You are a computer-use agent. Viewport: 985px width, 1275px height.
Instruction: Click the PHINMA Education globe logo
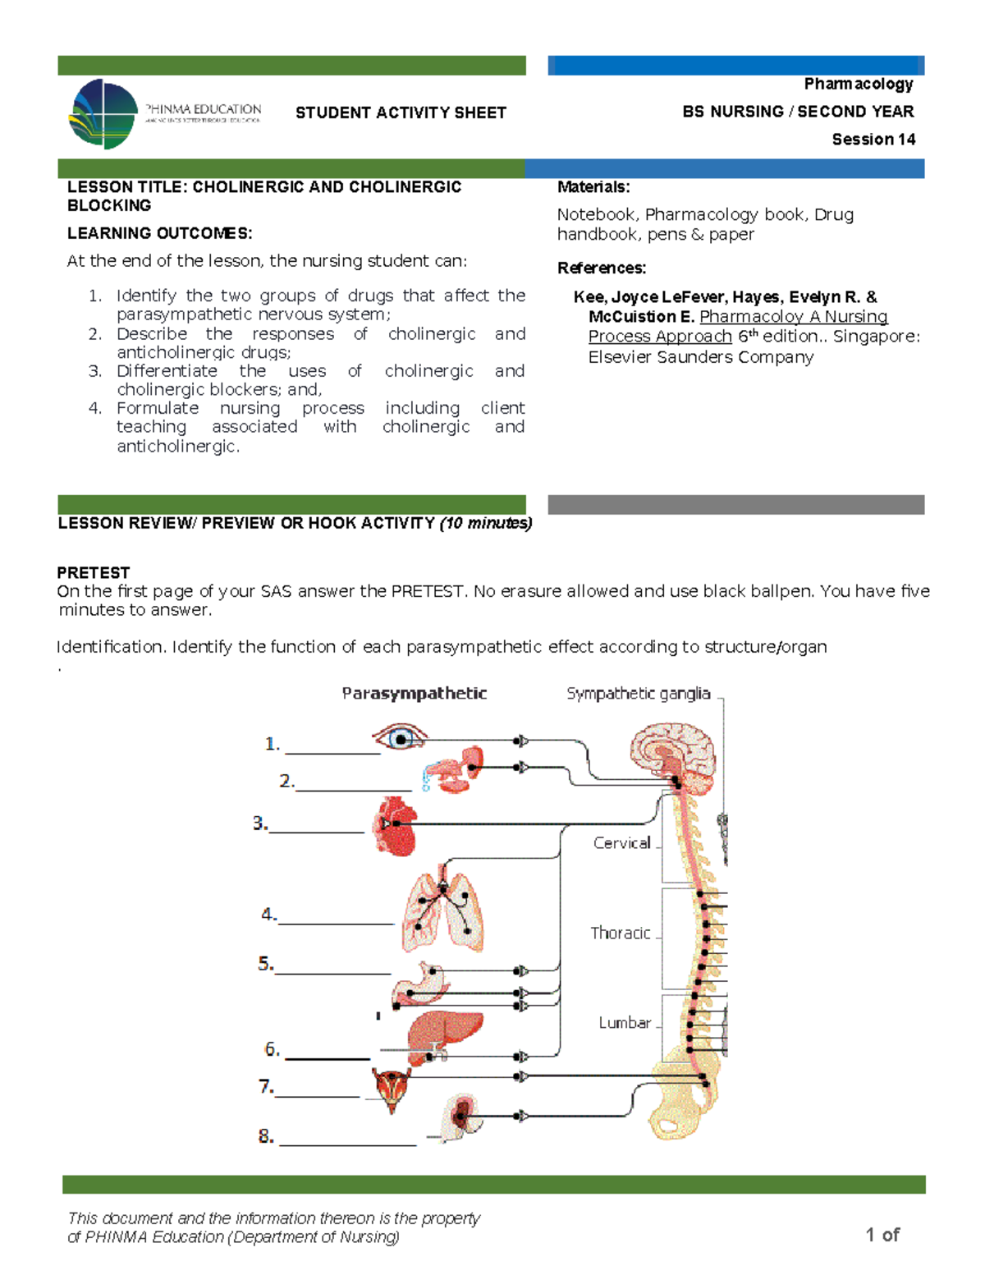click(x=104, y=114)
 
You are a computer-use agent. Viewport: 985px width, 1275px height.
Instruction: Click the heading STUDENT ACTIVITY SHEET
click(x=401, y=112)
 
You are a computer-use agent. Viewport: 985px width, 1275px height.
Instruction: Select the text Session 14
click(x=873, y=139)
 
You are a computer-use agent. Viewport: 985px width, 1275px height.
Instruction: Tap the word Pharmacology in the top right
click(x=858, y=84)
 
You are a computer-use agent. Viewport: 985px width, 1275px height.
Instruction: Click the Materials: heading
click(x=593, y=187)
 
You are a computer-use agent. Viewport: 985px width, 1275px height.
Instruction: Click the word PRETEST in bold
click(x=94, y=572)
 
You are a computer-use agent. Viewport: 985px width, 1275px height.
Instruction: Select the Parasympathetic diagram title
click(x=414, y=694)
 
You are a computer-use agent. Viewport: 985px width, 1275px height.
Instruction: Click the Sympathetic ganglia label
click(x=638, y=694)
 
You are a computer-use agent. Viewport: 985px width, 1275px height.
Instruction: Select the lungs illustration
click(x=442, y=911)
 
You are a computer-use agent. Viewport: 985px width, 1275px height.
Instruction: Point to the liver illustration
click(x=443, y=1035)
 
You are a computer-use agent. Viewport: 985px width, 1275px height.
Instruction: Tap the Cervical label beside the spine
click(x=621, y=843)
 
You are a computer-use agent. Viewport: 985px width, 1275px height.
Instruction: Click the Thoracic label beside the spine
click(x=620, y=933)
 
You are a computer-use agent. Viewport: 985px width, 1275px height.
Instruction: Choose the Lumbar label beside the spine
click(x=624, y=1023)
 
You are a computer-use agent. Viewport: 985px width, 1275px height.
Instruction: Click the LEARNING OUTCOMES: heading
click(x=159, y=233)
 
